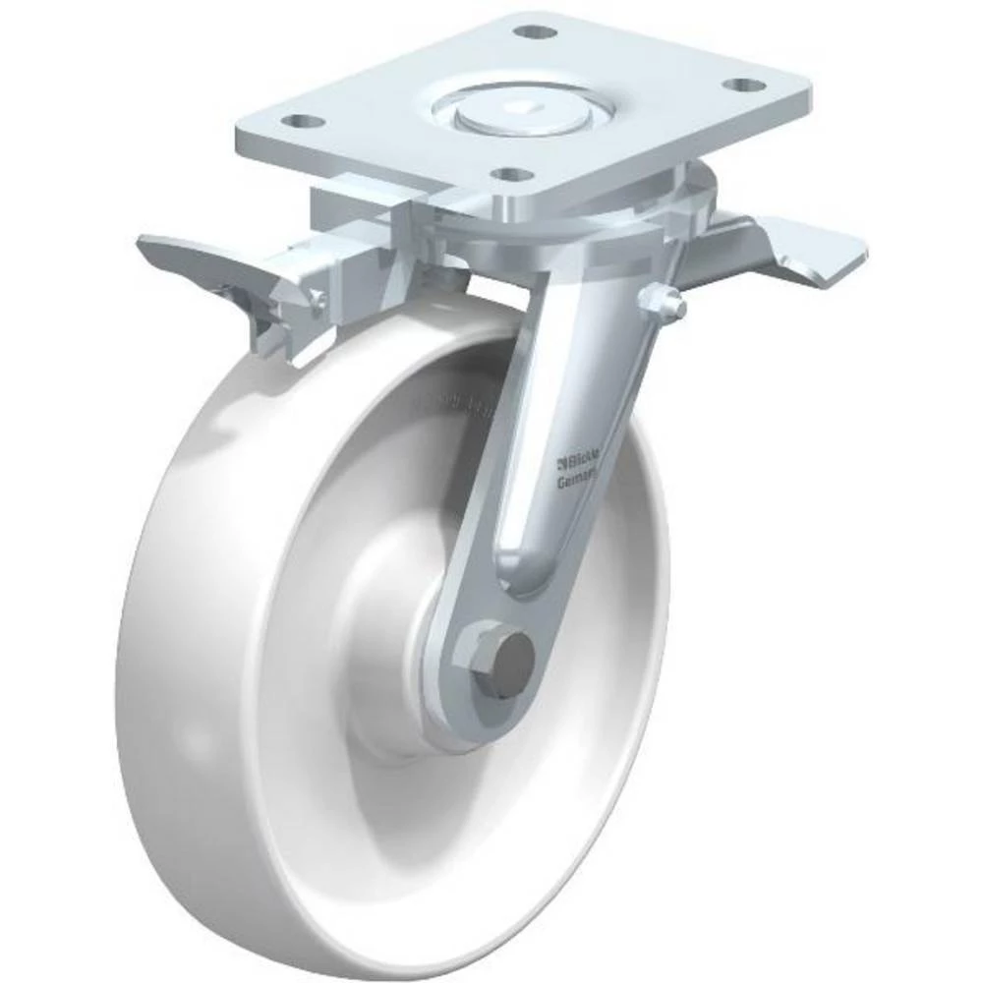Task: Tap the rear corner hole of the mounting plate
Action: pos(531,31)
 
